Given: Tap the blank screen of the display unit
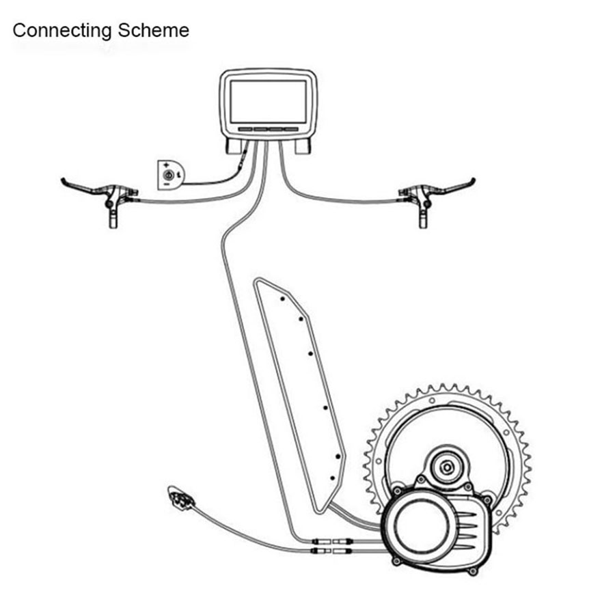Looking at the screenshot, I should click(x=268, y=101).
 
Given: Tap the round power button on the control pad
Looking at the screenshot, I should click(x=168, y=175).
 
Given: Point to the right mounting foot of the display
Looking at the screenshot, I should click(x=303, y=145).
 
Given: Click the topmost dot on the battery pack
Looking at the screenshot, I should click(x=282, y=299).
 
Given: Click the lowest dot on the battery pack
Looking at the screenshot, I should click(x=332, y=478).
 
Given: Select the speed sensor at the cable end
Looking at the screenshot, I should click(x=180, y=497).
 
